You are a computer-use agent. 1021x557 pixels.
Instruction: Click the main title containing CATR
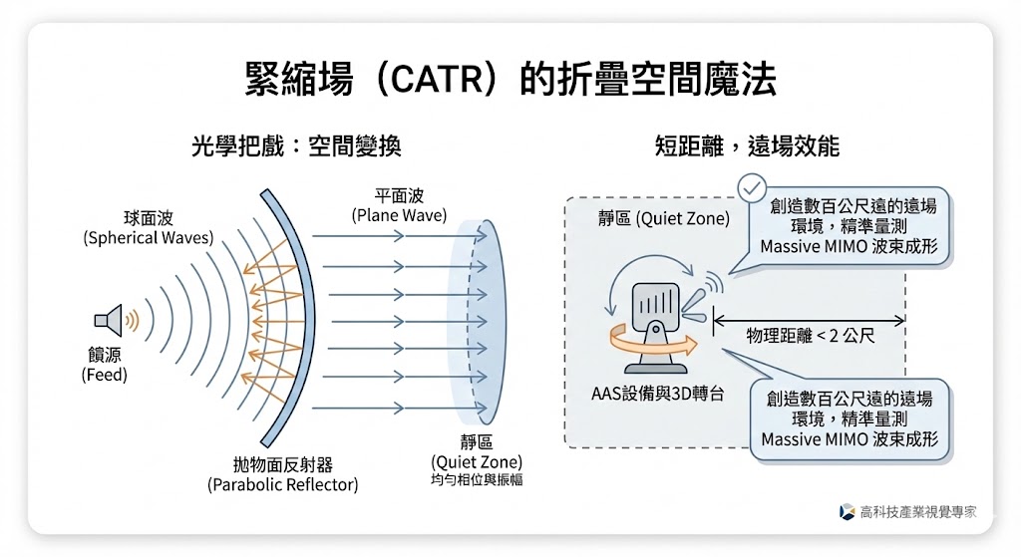click(510, 81)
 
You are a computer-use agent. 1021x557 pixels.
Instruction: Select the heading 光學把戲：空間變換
click(296, 146)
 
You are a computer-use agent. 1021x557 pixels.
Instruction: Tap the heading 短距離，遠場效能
click(747, 146)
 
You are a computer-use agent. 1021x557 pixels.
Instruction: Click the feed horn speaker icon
click(109, 321)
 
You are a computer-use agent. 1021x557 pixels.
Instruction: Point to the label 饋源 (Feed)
click(105, 365)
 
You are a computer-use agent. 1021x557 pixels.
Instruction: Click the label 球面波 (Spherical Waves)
click(148, 227)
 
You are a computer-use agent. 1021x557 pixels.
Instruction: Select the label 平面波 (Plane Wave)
click(399, 206)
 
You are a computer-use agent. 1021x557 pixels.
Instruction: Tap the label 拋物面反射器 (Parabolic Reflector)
click(283, 475)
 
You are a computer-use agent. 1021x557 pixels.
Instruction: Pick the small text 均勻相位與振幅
click(477, 480)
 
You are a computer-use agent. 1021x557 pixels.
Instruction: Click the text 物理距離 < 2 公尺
click(811, 336)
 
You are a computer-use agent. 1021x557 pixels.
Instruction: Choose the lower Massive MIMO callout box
click(850, 418)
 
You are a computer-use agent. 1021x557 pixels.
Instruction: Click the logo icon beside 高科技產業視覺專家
click(847, 511)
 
